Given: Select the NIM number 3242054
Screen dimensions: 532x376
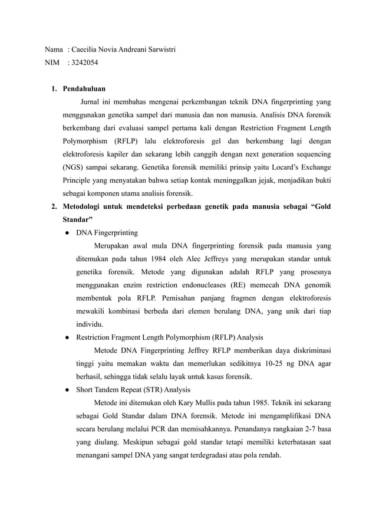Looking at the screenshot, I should (85, 61).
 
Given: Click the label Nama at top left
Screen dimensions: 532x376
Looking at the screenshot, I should (55, 49).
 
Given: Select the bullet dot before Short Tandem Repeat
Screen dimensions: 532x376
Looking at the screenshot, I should (68, 389).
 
